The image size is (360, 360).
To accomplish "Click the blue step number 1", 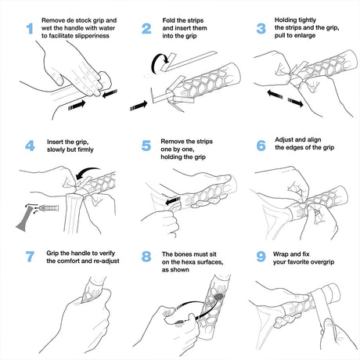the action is click(30, 28).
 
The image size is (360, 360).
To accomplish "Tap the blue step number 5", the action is click(146, 146).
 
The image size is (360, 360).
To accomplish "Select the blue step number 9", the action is click(261, 257).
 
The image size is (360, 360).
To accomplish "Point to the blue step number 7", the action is click(30, 257).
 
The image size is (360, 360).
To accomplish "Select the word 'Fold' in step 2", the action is click(169, 20).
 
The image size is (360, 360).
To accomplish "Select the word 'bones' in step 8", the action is click(182, 254).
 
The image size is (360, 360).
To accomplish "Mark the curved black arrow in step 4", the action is click(86, 172).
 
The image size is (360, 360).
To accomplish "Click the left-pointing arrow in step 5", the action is click(173, 201).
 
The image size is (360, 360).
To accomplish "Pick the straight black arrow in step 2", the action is click(139, 106).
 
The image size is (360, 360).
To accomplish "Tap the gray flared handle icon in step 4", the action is click(24, 218).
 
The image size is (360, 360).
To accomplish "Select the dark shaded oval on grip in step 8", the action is click(218, 297).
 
